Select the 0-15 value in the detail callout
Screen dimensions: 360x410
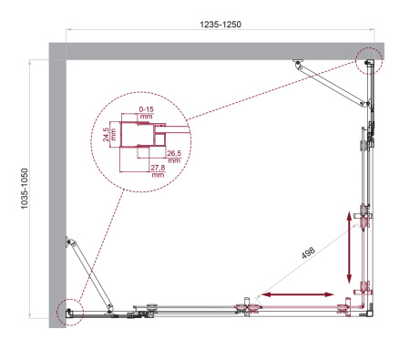(x=146, y=109)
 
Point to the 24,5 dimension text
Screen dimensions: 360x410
(x=107, y=138)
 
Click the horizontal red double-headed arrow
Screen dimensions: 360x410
(x=297, y=294)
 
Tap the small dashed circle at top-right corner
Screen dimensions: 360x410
(x=369, y=60)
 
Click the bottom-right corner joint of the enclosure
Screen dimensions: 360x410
(x=366, y=309)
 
